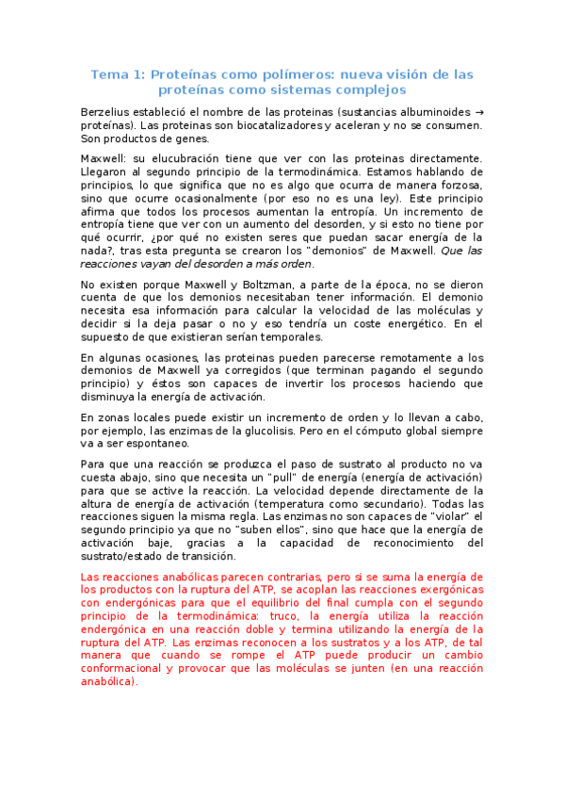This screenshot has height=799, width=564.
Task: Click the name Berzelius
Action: click(x=108, y=112)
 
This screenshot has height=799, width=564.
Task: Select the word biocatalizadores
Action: click(x=281, y=125)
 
